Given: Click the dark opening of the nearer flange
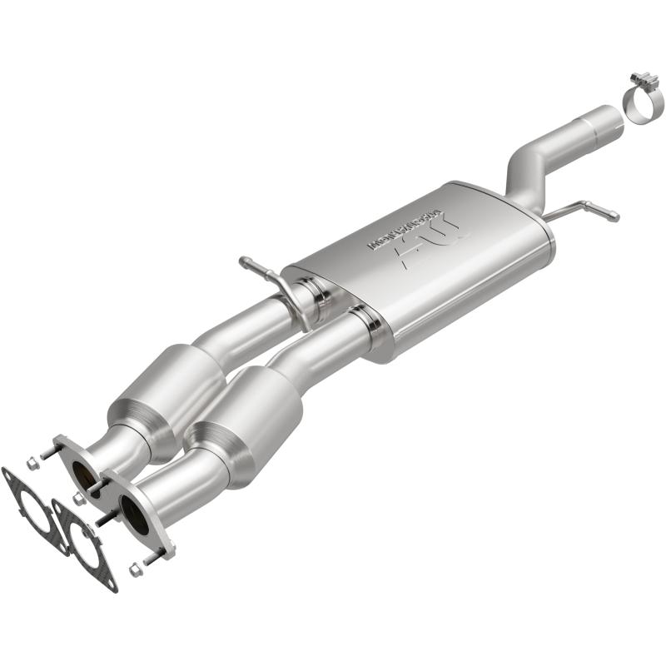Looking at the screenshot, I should [x=133, y=513].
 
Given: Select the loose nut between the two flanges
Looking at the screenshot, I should [x=79, y=498].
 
